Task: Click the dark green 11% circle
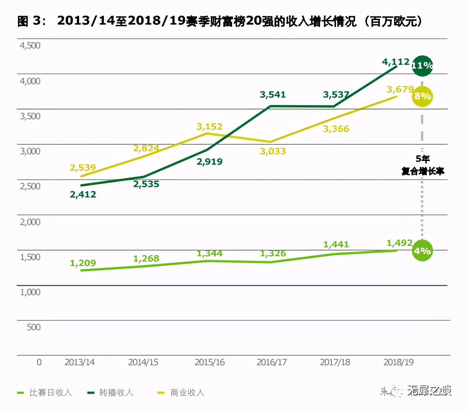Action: click(x=422, y=66)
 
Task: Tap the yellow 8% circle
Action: click(x=422, y=96)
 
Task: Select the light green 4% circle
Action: click(x=422, y=251)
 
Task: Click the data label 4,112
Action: click(x=396, y=61)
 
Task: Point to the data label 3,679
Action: click(x=400, y=89)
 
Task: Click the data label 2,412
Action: click(x=83, y=195)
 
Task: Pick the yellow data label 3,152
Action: click(x=210, y=127)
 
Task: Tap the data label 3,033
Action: click(x=273, y=151)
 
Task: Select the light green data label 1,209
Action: click(x=83, y=263)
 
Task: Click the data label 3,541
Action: click(x=273, y=95)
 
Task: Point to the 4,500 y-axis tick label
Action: click(x=30, y=45)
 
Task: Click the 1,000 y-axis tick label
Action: click(x=30, y=292)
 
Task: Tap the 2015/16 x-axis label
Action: click(x=210, y=362)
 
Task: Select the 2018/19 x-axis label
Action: click(x=398, y=362)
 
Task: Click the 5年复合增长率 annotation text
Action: click(x=423, y=165)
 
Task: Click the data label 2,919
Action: click(x=210, y=162)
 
